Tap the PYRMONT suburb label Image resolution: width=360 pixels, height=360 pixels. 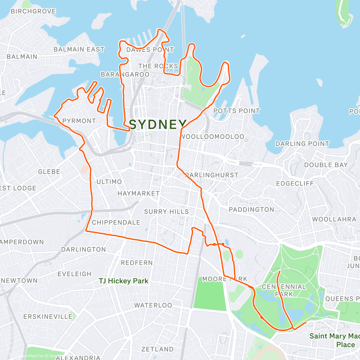tap(79, 121)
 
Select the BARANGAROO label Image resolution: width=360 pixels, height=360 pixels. tap(125, 74)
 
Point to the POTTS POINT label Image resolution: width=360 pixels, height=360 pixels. tap(236, 111)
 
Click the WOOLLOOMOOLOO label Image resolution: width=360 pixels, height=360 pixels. tap(213, 137)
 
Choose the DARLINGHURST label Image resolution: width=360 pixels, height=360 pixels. tap(212, 175)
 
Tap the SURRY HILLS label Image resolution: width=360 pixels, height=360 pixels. tap(166, 212)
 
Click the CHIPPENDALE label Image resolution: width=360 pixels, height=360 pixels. tap(116, 223)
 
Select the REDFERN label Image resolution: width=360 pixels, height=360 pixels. tap(137, 263)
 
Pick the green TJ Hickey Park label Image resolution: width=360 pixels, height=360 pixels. tap(124, 281)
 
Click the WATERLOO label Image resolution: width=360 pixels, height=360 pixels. tap(153, 305)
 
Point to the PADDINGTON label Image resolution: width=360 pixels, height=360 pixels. tap(251, 210)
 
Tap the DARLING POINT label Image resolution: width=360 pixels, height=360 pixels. tap(302, 144)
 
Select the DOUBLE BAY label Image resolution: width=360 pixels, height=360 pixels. tap(326, 165)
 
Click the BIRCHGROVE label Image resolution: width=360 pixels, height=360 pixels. tap(33, 11)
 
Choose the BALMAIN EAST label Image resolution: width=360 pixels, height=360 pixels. tap(79, 49)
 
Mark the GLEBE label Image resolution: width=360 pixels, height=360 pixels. tap(49, 172)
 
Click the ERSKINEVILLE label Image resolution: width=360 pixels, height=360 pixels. tap(48, 317)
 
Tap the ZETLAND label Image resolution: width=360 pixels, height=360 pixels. tap(157, 349)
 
